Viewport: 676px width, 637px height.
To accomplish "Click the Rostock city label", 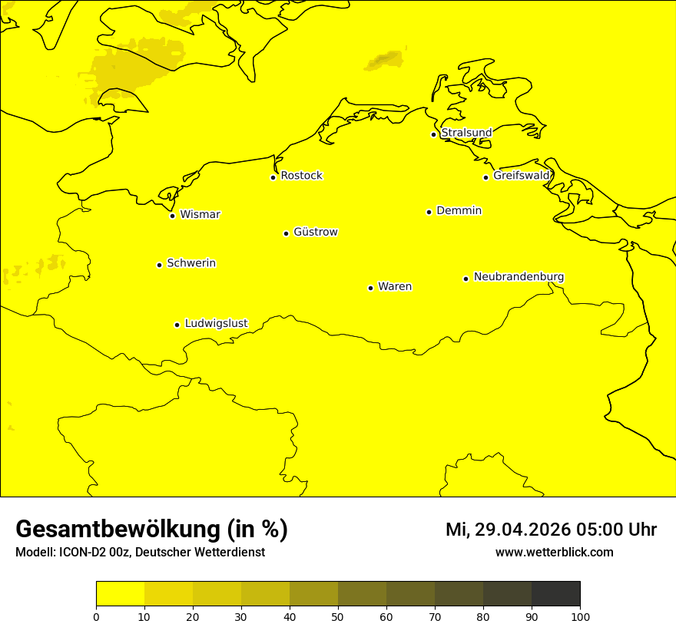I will pos(301,176).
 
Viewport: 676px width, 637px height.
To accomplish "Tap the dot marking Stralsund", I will pos(433,134).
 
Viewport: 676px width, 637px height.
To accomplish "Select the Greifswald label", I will pos(521,176).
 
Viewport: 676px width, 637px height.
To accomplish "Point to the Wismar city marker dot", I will pos(172,216).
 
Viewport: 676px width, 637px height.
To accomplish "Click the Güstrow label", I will pos(315,232).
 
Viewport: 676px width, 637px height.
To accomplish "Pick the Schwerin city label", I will pos(191,263).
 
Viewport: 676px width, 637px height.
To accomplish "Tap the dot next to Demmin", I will pos(429,212).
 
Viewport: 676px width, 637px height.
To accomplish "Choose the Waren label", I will pos(394,286).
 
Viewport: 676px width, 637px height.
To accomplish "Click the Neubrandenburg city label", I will pos(519,276).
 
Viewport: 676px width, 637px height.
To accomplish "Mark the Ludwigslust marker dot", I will pos(177,325).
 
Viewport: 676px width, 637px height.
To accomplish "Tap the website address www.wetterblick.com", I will pos(554,552).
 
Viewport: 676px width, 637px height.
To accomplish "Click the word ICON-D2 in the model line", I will pos(81,553).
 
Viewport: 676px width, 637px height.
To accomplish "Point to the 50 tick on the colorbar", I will pos(338,616).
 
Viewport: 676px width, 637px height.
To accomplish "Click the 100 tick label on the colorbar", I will pos(580,616).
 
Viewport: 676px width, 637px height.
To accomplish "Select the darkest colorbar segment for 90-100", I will pos(555,593).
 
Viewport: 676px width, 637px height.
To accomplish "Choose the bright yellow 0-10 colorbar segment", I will pos(120,593).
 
